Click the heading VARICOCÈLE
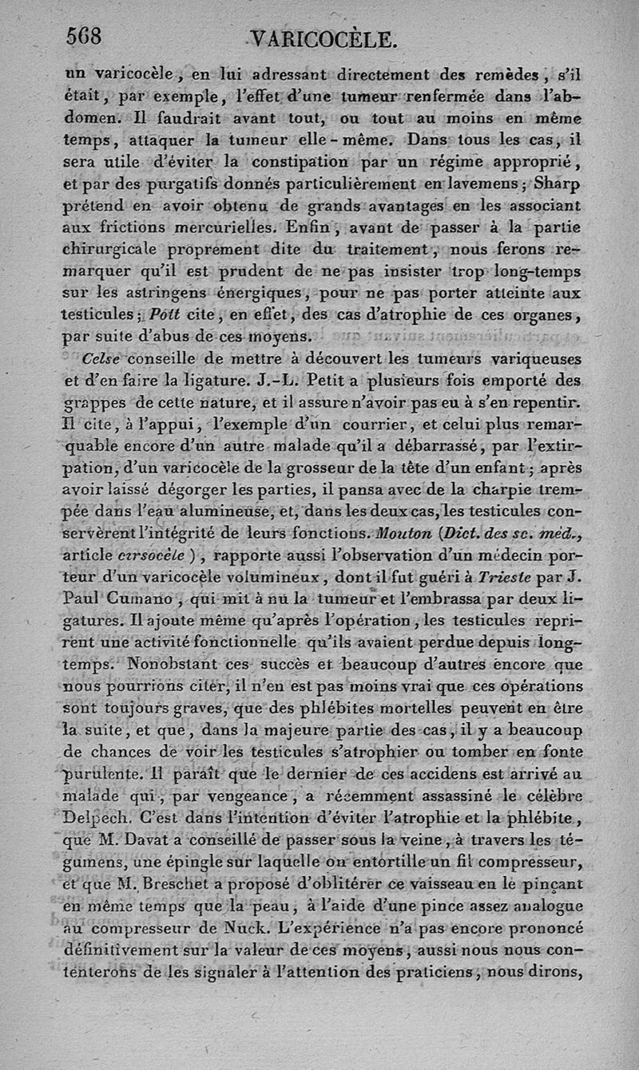click(323, 40)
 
